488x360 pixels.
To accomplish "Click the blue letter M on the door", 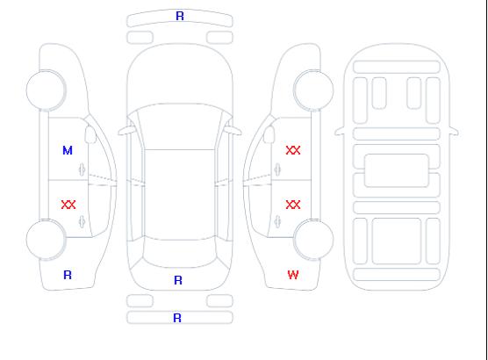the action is click(68, 150).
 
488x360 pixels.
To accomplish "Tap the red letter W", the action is click(293, 275).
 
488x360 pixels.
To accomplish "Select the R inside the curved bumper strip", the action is click(180, 16).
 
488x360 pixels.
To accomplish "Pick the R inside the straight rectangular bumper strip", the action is click(177, 318).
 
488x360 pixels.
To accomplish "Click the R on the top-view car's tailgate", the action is click(178, 280).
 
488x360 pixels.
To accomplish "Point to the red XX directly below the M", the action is click(68, 205).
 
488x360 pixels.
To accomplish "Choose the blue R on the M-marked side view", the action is click(68, 275).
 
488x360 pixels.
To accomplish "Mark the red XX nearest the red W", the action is click(293, 205).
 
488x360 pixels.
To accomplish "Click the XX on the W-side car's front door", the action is click(293, 150).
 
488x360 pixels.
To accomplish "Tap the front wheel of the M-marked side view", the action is click(46, 90).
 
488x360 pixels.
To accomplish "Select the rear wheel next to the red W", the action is click(313, 239).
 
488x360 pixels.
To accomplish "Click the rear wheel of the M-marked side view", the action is click(46, 239).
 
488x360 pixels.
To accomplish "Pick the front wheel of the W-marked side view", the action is click(313, 90).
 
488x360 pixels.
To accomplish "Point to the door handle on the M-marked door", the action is click(83, 169).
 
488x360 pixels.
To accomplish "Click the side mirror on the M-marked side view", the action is click(90, 134).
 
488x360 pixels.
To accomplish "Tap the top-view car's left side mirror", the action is click(126, 131).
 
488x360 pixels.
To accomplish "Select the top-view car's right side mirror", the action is click(233, 131).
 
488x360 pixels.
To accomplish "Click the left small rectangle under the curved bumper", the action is click(140, 38).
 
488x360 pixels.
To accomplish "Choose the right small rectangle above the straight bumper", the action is click(219, 301).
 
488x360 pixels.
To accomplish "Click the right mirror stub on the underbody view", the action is click(454, 132).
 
